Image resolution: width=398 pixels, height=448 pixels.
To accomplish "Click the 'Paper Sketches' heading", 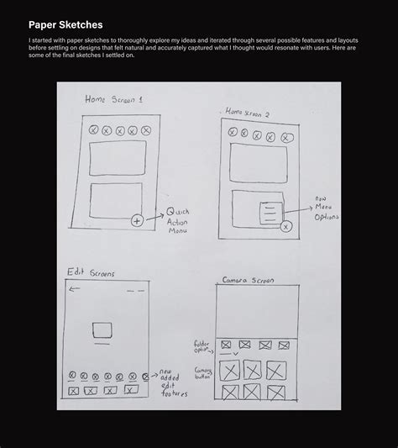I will tap(65, 25).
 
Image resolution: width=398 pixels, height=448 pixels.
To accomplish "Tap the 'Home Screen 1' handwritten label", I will tap(113, 99).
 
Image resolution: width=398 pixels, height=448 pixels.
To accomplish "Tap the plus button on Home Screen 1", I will tap(137, 220).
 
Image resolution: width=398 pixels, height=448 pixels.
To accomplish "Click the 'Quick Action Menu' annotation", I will tap(179, 220).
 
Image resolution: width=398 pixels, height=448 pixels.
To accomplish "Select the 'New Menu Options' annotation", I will tap(326, 209).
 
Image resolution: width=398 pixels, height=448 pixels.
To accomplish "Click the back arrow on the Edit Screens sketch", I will tap(75, 290).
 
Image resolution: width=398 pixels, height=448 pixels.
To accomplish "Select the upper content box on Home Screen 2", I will tap(259, 162).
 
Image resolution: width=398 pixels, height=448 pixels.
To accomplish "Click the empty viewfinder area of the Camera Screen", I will tap(259, 311).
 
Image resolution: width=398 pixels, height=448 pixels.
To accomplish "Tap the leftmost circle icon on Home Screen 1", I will tap(94, 130).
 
